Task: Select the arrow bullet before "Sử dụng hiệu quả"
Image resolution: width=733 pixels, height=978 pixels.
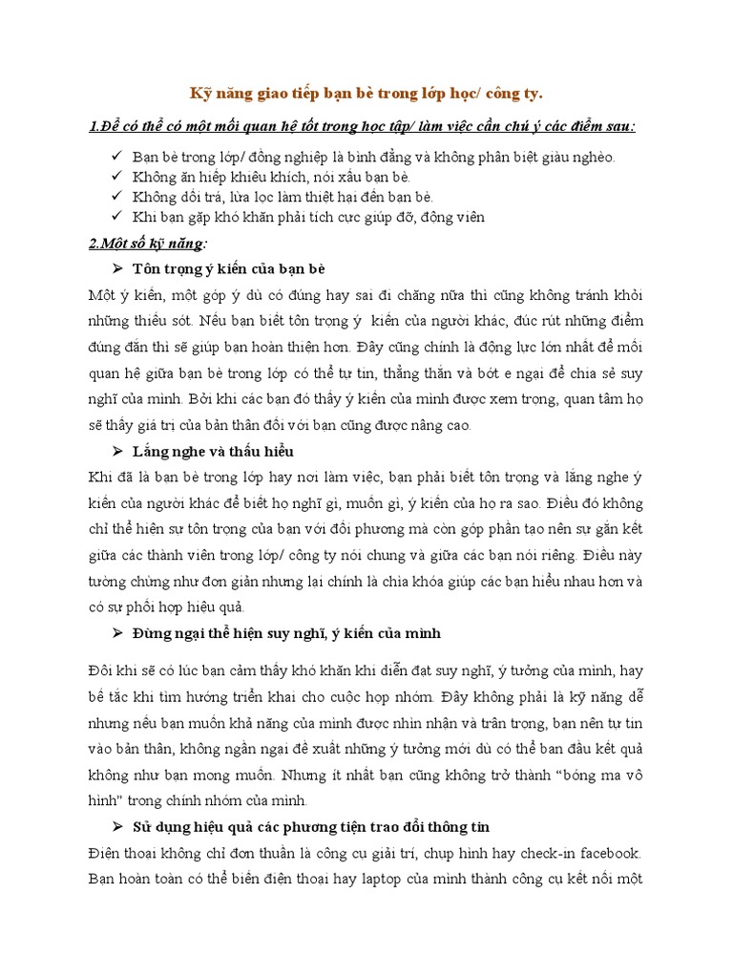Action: tap(118, 826)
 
